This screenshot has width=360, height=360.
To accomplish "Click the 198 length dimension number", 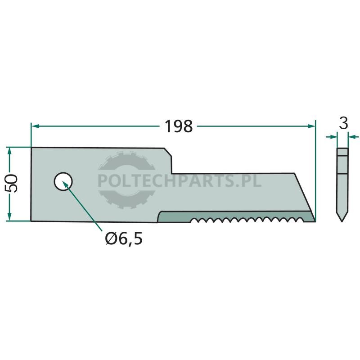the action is [x=179, y=126].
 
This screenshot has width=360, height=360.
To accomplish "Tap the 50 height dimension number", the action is [x=11, y=183].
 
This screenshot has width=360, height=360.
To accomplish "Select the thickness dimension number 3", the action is [x=343, y=123].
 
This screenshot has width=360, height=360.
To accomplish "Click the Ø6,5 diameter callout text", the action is [x=124, y=238].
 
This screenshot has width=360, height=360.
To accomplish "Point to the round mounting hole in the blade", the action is [x=63, y=182].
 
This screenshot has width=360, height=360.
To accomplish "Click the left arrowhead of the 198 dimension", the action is [x=35, y=126].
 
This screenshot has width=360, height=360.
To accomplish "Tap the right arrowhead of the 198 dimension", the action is [x=311, y=126].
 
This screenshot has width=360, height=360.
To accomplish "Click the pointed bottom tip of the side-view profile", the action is [x=342, y=221].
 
